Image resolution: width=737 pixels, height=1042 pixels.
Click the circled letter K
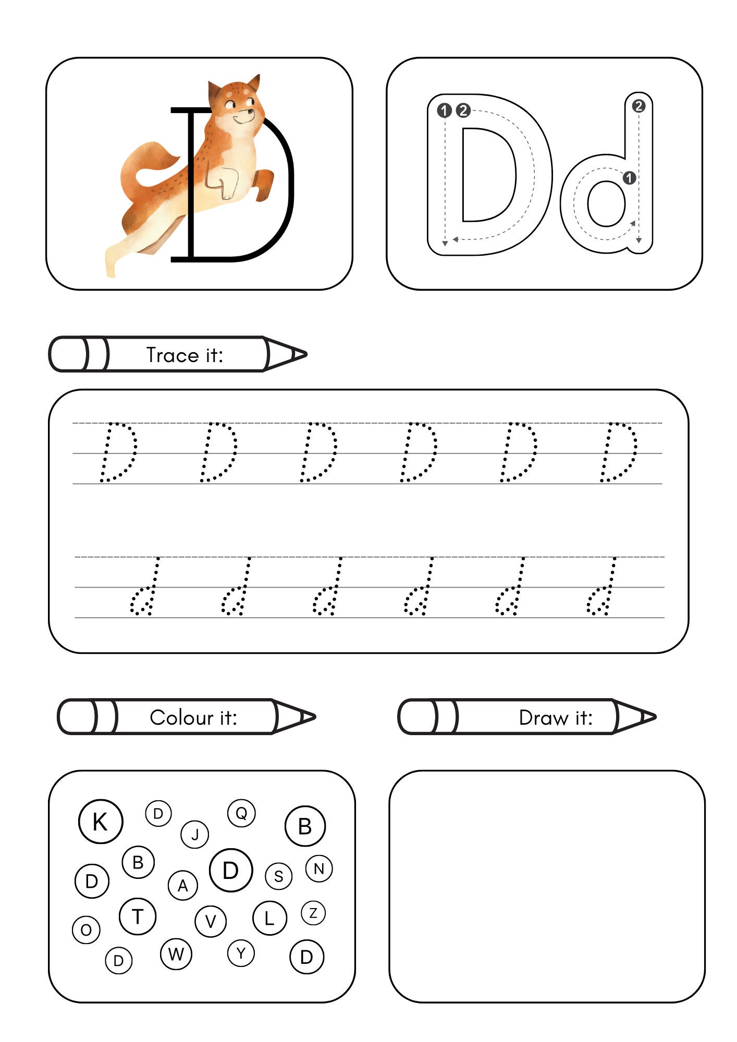click(x=101, y=822)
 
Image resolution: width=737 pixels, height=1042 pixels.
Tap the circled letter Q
click(x=241, y=813)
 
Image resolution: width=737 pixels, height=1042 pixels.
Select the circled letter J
click(x=195, y=835)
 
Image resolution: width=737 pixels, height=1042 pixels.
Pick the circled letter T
click(x=138, y=916)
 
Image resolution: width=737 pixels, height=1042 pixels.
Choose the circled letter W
click(x=176, y=953)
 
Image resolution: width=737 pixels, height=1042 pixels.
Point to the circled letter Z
click(x=313, y=913)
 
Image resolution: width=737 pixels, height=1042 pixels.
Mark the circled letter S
click(x=279, y=876)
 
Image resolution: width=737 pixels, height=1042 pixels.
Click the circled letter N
click(x=319, y=869)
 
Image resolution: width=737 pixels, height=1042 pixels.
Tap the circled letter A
click(x=183, y=885)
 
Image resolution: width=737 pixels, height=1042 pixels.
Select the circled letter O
click(x=87, y=929)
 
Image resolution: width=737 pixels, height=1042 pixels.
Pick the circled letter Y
click(x=241, y=953)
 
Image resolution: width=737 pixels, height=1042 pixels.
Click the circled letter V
click(x=211, y=921)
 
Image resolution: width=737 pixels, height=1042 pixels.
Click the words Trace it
click(x=185, y=355)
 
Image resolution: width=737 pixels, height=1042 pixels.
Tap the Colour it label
click(x=193, y=717)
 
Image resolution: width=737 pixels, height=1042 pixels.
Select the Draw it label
click(x=556, y=717)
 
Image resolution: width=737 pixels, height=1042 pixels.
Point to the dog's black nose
click(x=252, y=111)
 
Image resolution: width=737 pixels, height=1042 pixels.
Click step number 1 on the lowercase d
click(x=630, y=178)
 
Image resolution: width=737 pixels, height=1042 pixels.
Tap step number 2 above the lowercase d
click(x=638, y=106)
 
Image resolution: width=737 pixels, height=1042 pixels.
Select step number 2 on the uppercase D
click(x=463, y=110)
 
